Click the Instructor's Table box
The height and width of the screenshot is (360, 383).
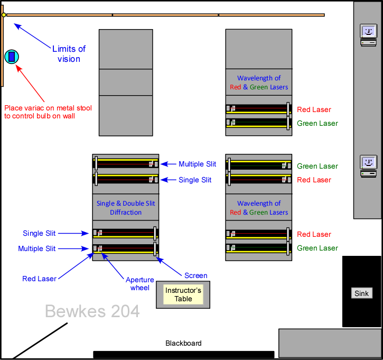pos(183,295)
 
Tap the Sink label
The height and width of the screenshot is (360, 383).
pos(362,293)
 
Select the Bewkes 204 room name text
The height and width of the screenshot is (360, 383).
pos(92,311)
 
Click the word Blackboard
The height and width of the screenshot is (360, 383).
pos(183,343)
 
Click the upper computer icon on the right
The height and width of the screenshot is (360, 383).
pos(368,34)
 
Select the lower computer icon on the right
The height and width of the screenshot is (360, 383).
pos(368,165)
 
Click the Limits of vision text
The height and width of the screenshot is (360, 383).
pos(69,54)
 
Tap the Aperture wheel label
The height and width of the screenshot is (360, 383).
pos(140,284)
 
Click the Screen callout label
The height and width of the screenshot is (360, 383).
pos(195,275)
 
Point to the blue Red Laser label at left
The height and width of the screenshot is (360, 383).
pos(39,279)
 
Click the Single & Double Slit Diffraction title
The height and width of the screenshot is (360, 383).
pos(126,208)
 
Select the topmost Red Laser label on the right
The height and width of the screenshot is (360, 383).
pos(314,109)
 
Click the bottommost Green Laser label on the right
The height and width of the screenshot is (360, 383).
pos(317,248)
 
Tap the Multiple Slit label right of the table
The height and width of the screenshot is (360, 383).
pos(195,164)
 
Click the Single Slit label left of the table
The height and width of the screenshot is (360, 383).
pos(39,233)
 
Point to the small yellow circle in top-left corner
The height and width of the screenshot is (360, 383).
pos(4,15)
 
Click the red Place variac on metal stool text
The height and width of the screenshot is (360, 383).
pos(48,112)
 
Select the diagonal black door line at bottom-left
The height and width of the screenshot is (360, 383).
pos(40,340)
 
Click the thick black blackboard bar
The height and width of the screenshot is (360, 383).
pos(183,354)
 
